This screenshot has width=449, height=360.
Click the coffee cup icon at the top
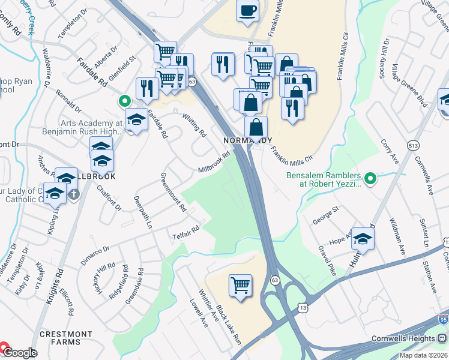247,10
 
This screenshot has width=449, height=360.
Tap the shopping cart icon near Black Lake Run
241,284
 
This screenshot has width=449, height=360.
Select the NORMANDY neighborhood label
244,140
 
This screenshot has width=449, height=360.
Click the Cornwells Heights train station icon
442,338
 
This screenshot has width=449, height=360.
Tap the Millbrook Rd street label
214,163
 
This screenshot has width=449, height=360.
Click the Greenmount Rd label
173,195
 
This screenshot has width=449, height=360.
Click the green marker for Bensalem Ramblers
371,178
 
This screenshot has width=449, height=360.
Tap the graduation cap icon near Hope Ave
362,238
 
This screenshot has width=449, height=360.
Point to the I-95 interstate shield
443,320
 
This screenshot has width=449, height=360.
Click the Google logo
20,353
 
